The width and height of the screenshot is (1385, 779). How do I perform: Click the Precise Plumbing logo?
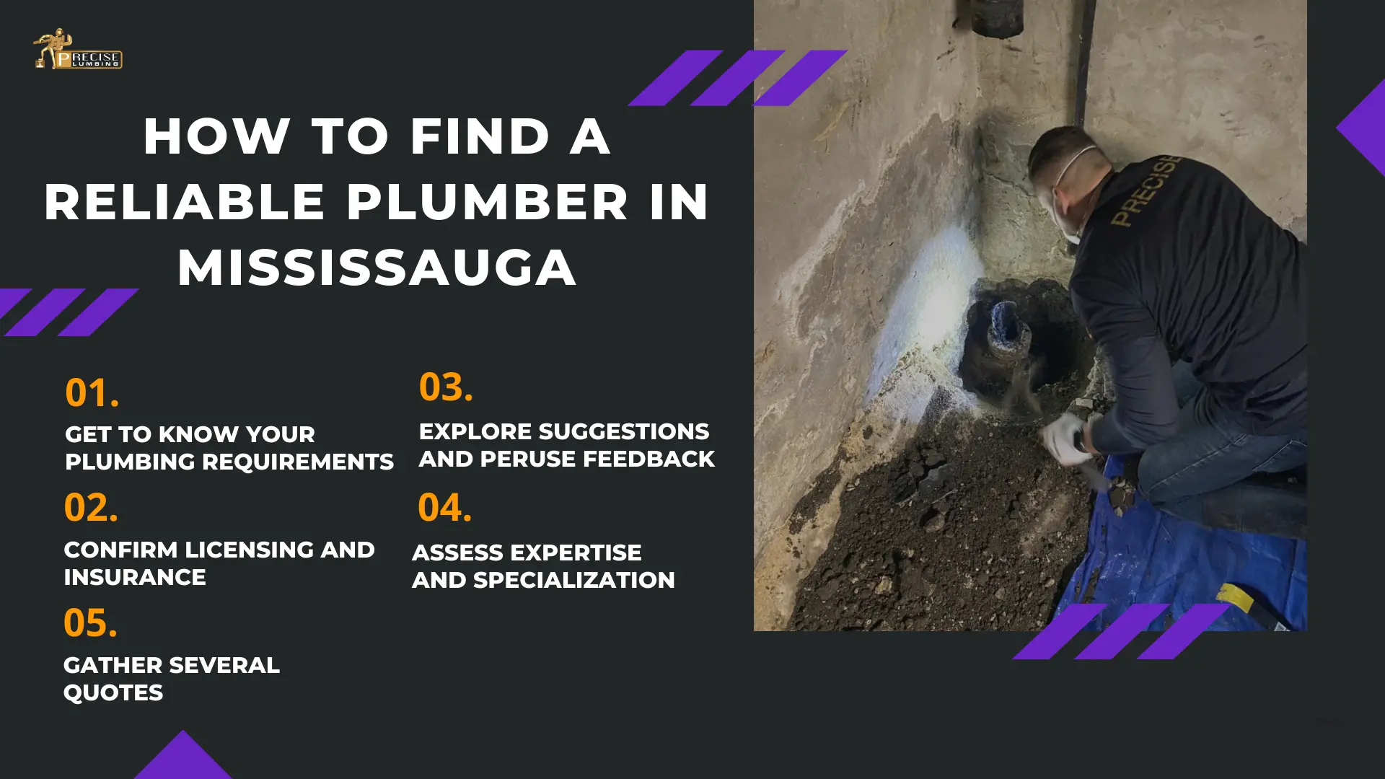click(78, 50)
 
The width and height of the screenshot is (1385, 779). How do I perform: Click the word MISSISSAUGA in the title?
click(377, 268)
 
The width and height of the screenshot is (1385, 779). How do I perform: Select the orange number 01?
click(92, 393)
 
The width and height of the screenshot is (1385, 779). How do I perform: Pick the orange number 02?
click(91, 508)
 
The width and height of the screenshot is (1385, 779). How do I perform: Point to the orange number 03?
click(446, 387)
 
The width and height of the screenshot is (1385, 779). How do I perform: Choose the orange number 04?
click(445, 508)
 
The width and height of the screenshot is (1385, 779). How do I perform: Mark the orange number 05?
click(90, 623)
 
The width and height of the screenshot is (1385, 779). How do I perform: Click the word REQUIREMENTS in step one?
click(298, 462)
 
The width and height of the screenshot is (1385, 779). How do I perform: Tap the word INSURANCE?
click(135, 577)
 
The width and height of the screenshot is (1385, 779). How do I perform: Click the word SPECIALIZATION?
click(574, 580)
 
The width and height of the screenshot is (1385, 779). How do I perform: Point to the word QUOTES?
click(113, 693)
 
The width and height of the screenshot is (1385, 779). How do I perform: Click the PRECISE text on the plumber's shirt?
click(1146, 190)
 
